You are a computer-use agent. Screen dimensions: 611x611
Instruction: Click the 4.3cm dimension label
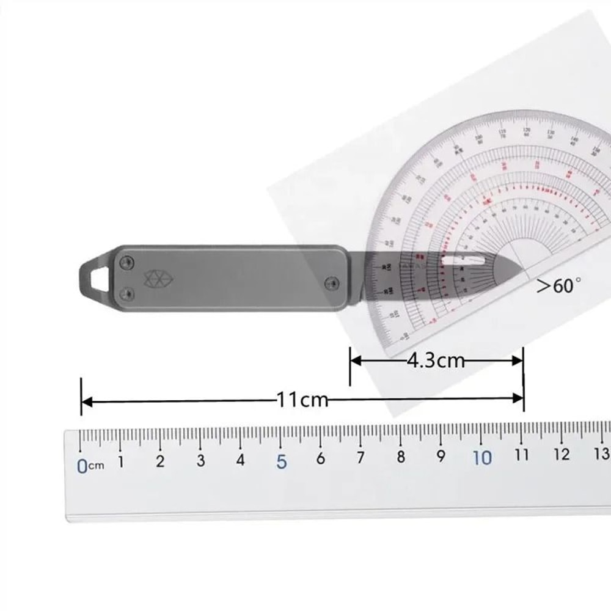(435, 360)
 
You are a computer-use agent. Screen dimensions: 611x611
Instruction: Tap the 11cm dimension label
(302, 401)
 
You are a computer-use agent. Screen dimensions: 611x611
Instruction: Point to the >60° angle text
(558, 285)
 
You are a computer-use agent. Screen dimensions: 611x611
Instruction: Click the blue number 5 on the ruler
(281, 461)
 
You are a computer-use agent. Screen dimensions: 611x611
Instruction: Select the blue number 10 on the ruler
(482, 458)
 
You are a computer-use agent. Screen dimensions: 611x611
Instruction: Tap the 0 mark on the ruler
(82, 466)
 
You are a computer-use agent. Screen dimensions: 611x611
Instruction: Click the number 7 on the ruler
(360, 457)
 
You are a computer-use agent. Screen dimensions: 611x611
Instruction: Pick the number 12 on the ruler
(562, 455)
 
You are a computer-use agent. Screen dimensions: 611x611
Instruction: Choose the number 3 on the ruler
(200, 461)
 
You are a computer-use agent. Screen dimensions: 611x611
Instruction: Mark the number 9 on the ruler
(441, 456)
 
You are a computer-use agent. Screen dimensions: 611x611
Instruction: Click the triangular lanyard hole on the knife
(96, 277)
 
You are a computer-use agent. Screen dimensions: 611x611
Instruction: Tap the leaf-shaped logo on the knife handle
(150, 279)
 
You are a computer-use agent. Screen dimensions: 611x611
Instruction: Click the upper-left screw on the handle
(126, 262)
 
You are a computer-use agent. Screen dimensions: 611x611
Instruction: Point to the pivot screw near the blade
(331, 282)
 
